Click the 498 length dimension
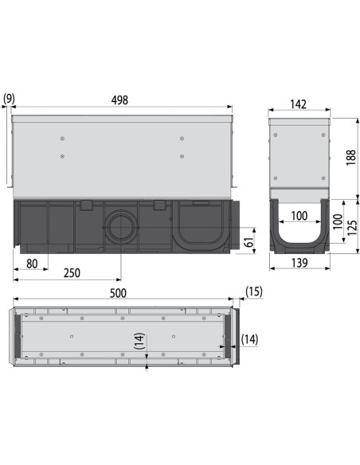click(119, 100)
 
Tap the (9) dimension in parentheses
click(9, 100)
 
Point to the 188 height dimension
click(350, 158)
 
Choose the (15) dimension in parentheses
click(254, 292)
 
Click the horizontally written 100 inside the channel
click(299, 216)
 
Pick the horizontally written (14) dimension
click(248, 340)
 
